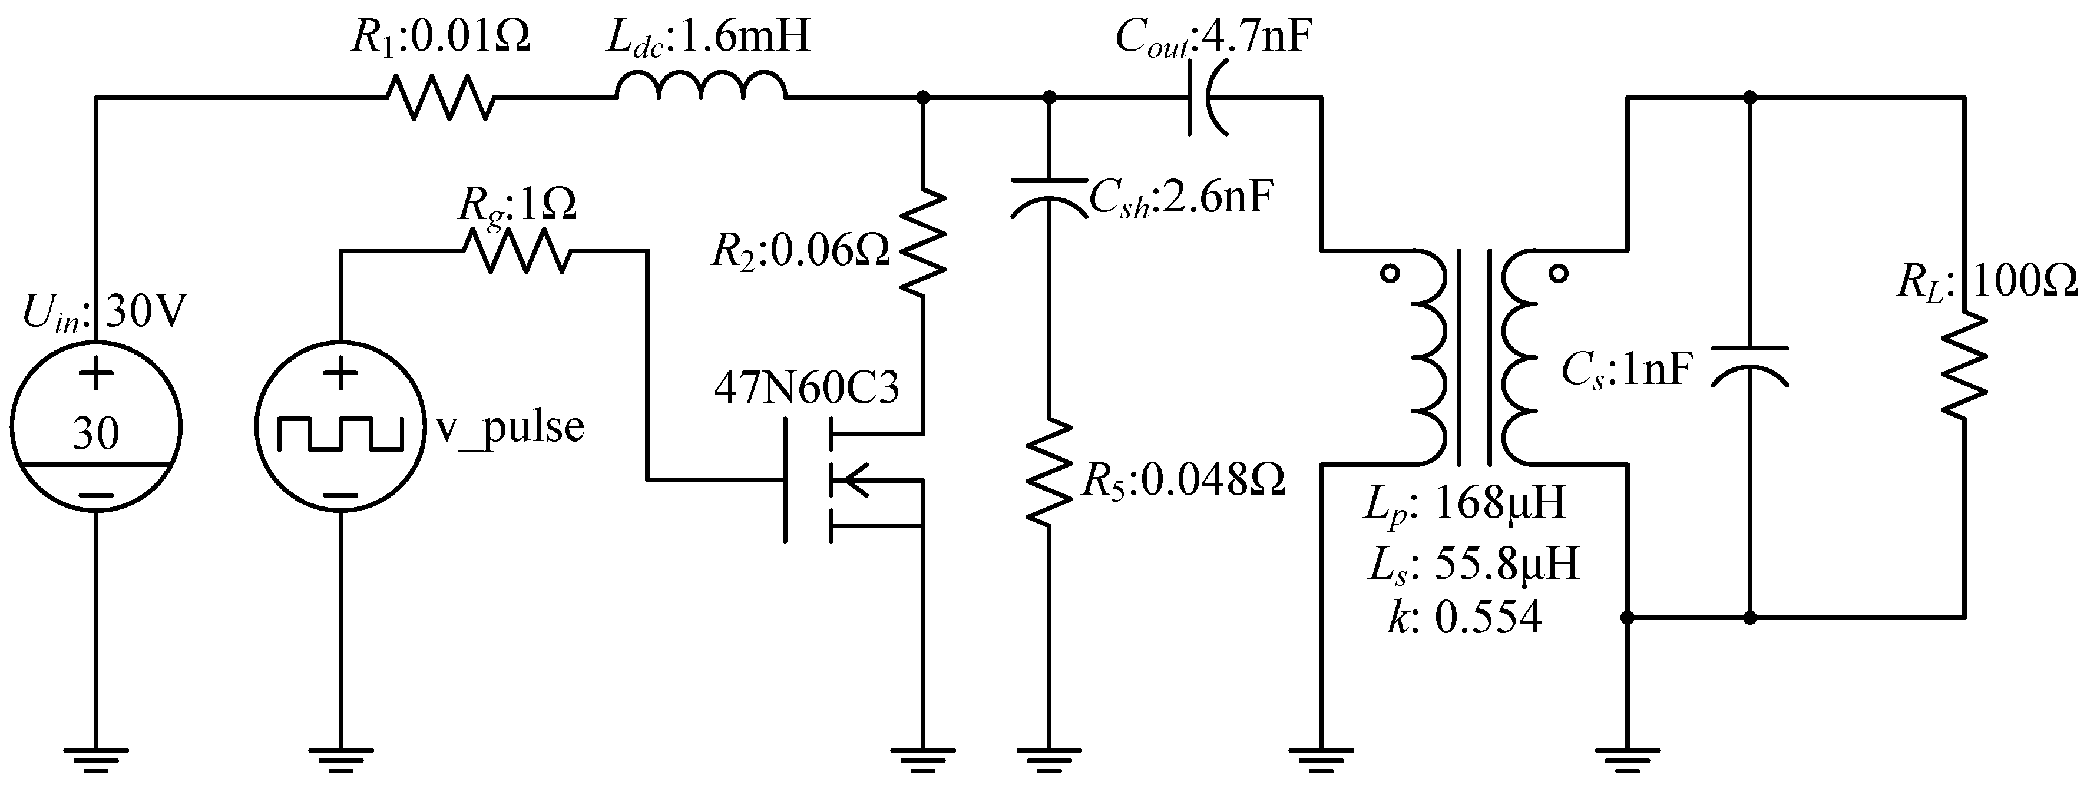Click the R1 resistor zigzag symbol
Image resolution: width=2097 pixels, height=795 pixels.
439,98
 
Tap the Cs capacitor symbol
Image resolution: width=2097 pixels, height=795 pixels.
1749,366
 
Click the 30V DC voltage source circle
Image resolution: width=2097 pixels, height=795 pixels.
96,427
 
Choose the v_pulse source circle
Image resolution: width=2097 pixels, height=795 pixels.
340,427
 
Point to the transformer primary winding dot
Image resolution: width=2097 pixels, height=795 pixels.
1390,274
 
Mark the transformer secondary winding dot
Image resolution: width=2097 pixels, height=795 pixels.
1558,274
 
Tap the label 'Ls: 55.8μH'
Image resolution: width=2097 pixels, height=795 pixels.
1473,563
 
